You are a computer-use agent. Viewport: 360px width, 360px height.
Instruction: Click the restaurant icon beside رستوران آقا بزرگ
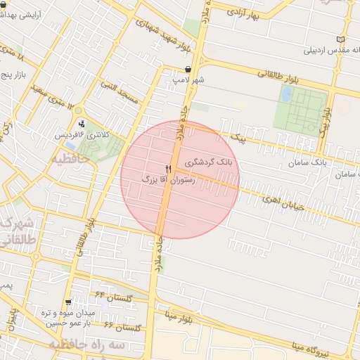coord(168,169)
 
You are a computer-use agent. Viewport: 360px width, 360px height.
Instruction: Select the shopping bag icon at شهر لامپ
coord(188,69)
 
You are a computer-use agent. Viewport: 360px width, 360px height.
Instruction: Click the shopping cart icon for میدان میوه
coord(67,302)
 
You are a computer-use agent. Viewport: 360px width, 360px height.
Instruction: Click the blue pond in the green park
coord(288,94)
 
